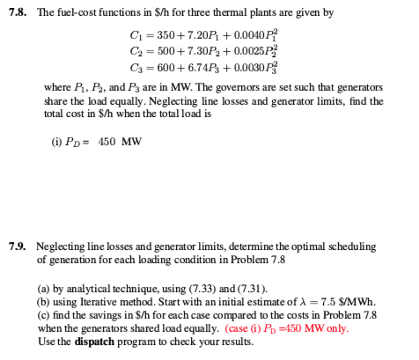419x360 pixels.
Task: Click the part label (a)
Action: coord(43,287)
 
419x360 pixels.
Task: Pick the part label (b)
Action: coord(43,301)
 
